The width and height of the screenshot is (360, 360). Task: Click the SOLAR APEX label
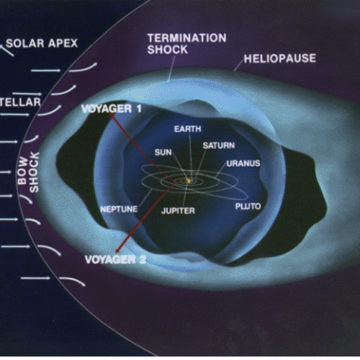[42, 43]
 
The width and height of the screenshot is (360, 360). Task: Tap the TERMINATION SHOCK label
[186, 44]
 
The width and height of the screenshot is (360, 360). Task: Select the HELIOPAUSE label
[280, 58]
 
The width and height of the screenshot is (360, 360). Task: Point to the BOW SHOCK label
[28, 172]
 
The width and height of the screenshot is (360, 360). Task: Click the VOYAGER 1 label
[112, 109]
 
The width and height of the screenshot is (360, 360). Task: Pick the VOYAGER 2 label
[115, 259]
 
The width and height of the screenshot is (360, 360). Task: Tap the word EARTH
[187, 129]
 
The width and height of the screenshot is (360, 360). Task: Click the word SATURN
[219, 145]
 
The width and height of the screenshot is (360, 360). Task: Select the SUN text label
[163, 153]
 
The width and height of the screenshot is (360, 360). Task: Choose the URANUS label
[243, 163]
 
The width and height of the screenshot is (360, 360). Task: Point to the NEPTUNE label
[119, 209]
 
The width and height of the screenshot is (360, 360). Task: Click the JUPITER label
[178, 211]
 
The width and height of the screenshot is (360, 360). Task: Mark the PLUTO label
[248, 207]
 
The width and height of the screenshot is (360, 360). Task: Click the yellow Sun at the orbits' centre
[189, 181]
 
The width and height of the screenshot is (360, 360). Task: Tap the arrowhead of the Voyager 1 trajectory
[111, 114]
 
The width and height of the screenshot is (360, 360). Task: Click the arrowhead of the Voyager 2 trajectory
[117, 251]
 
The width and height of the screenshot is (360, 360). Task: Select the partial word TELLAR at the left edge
[20, 102]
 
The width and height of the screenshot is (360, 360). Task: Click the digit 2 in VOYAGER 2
[143, 259]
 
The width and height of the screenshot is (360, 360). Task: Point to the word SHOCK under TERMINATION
[167, 50]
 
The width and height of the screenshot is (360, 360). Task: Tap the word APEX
[63, 43]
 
